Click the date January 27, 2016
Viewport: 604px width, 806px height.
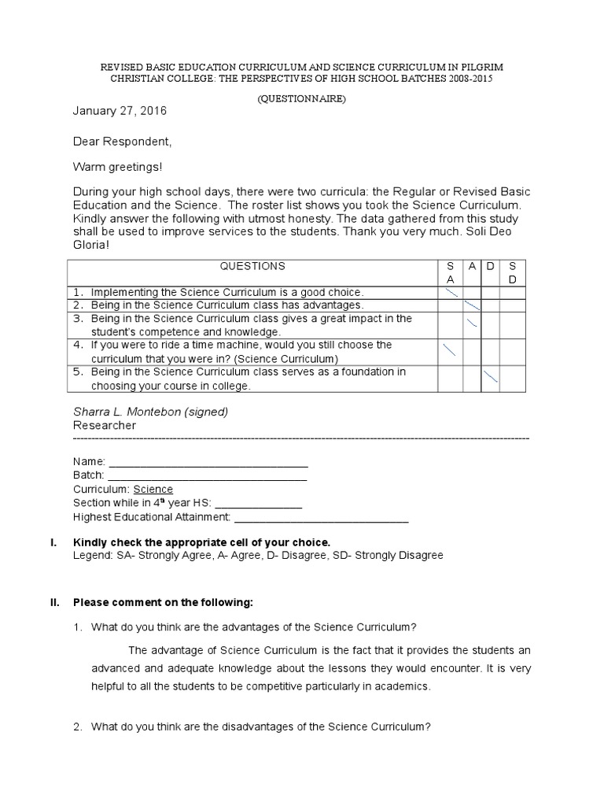(120, 111)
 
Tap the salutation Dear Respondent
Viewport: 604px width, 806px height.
(122, 142)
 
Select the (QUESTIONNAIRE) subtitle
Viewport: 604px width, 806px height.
(301, 99)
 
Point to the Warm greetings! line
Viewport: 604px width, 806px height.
(118, 167)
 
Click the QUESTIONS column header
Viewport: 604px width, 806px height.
(252, 267)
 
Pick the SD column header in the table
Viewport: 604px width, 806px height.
(513, 272)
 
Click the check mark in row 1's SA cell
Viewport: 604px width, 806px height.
(451, 292)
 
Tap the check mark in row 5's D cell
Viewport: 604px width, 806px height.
(491, 377)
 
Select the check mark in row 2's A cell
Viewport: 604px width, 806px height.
(472, 305)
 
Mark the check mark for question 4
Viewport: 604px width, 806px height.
(450, 350)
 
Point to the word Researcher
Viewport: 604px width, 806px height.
(105, 425)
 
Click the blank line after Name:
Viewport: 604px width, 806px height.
(208, 462)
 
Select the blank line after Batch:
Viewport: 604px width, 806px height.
(207, 475)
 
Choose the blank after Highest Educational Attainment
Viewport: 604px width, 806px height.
(322, 517)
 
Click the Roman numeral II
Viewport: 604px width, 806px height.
(54, 603)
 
